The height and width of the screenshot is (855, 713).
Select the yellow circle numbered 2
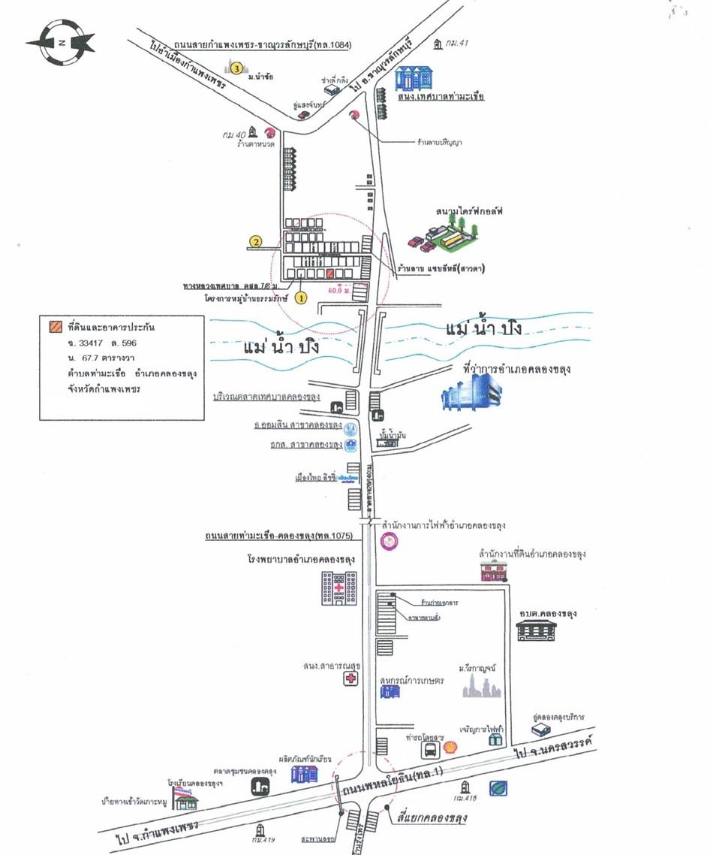[256, 242]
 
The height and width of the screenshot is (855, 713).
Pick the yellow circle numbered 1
[302, 297]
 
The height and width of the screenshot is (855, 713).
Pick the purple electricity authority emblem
[390, 543]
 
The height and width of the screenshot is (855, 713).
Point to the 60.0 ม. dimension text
[341, 288]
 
